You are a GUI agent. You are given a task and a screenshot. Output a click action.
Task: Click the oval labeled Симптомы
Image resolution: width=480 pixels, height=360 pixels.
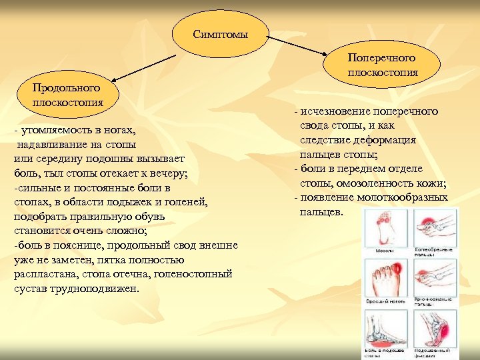(220, 34)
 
